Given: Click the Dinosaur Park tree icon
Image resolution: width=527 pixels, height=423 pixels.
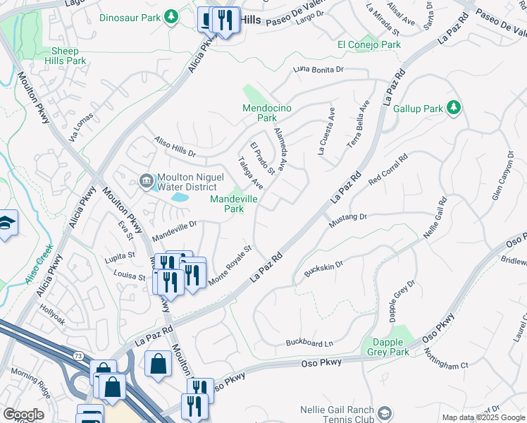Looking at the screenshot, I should [170, 16].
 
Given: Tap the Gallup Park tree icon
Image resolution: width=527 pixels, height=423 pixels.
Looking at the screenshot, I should [455, 107].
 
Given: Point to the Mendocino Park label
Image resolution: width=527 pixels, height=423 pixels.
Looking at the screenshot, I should [266, 113].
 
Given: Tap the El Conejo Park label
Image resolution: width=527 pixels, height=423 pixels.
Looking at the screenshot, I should [368, 44].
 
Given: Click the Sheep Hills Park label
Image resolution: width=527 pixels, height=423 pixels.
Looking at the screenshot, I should [69, 56].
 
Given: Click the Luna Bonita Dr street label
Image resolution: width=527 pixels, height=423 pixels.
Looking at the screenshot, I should [318, 69].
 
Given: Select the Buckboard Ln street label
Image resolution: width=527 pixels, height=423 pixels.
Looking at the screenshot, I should [309, 343].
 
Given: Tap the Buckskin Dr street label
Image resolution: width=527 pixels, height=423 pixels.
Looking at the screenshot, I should [323, 269].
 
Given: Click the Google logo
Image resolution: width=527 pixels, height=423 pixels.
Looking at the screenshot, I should [23, 415].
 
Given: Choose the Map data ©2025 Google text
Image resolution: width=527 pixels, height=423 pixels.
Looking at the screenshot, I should [483, 417].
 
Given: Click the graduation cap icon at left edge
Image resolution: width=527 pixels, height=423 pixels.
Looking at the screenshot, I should [6, 224].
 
